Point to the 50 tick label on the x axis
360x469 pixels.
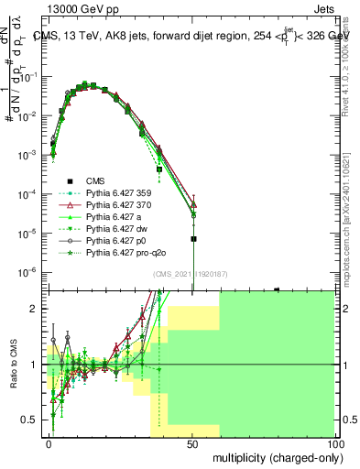[192, 442]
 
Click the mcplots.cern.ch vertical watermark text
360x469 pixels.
[353, 220]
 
